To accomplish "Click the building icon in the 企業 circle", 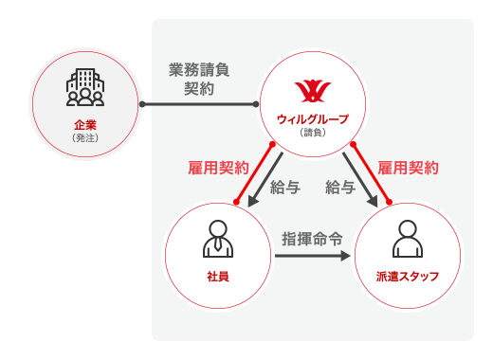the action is [85, 86].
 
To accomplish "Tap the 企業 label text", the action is [85, 124].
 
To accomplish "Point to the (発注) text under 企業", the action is [85, 137].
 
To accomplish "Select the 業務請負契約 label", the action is [199, 79].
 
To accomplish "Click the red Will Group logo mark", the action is [312, 91].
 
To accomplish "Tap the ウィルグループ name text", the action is [312, 118].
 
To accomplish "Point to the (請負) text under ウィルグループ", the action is [312, 132].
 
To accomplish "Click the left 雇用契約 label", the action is [219, 167].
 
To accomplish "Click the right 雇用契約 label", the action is [408, 167].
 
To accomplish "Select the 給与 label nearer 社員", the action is [286, 187].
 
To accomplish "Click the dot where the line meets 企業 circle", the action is [140, 103].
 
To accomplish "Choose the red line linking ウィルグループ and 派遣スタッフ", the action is [370, 172].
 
